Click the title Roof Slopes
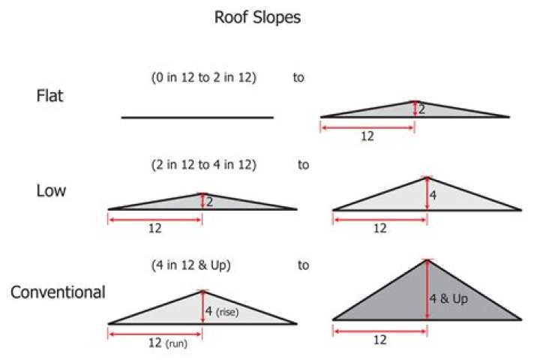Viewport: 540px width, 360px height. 257,17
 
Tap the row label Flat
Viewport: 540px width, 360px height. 50,96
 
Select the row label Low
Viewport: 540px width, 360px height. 51,190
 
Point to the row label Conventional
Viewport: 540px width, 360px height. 58,292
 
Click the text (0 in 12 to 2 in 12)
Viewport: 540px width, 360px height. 204,77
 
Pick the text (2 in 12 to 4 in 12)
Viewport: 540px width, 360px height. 204,165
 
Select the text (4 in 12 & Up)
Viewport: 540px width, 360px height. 190,265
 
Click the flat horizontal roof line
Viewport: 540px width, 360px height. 197,118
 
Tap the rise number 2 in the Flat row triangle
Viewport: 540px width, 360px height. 421,109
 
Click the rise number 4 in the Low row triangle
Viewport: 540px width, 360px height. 433,196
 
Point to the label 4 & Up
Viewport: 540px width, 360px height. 448,298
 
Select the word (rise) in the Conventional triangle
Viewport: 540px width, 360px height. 227,312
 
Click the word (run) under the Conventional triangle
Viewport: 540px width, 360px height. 177,343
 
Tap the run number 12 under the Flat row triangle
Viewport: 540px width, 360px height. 367,136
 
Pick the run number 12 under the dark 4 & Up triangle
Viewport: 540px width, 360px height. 380,340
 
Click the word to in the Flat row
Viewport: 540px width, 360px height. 298,77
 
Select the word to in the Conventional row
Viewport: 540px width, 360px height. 304,265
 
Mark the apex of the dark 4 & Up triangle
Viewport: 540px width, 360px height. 427,259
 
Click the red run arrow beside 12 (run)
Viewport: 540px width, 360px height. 155,334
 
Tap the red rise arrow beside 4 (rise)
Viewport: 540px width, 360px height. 202,307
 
